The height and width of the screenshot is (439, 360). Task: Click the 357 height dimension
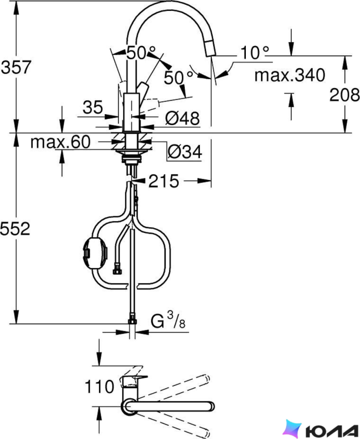point(16,67)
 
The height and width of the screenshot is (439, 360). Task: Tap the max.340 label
point(290,75)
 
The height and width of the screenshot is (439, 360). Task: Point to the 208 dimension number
point(344,95)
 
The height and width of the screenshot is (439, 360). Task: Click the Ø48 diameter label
point(182,119)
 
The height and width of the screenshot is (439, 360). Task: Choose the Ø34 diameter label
point(185,152)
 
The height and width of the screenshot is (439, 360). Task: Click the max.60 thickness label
point(61,142)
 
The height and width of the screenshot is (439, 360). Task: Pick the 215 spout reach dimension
point(164,181)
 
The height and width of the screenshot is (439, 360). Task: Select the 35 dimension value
point(93,107)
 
